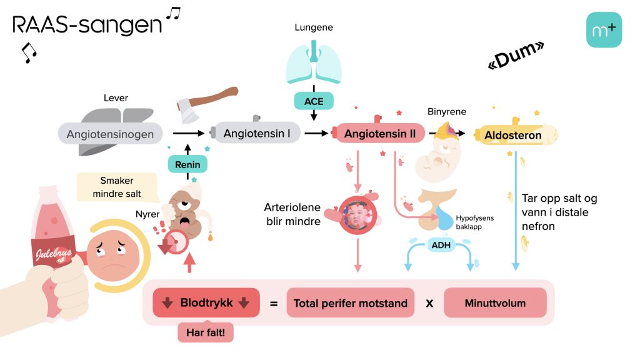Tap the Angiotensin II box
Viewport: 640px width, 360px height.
click(381, 133)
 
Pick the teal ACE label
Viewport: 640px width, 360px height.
click(314, 101)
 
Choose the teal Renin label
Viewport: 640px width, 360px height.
click(187, 165)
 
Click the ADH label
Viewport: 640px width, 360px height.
click(441, 245)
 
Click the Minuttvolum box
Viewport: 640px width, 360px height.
click(495, 303)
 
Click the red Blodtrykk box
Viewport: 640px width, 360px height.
click(206, 303)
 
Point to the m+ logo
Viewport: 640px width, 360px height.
click(604, 29)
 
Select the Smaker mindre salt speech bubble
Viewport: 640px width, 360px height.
click(117, 187)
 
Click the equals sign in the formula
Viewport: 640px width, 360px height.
click(273, 304)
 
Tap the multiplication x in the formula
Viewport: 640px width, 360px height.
click(429, 304)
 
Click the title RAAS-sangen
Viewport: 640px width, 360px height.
click(87, 25)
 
